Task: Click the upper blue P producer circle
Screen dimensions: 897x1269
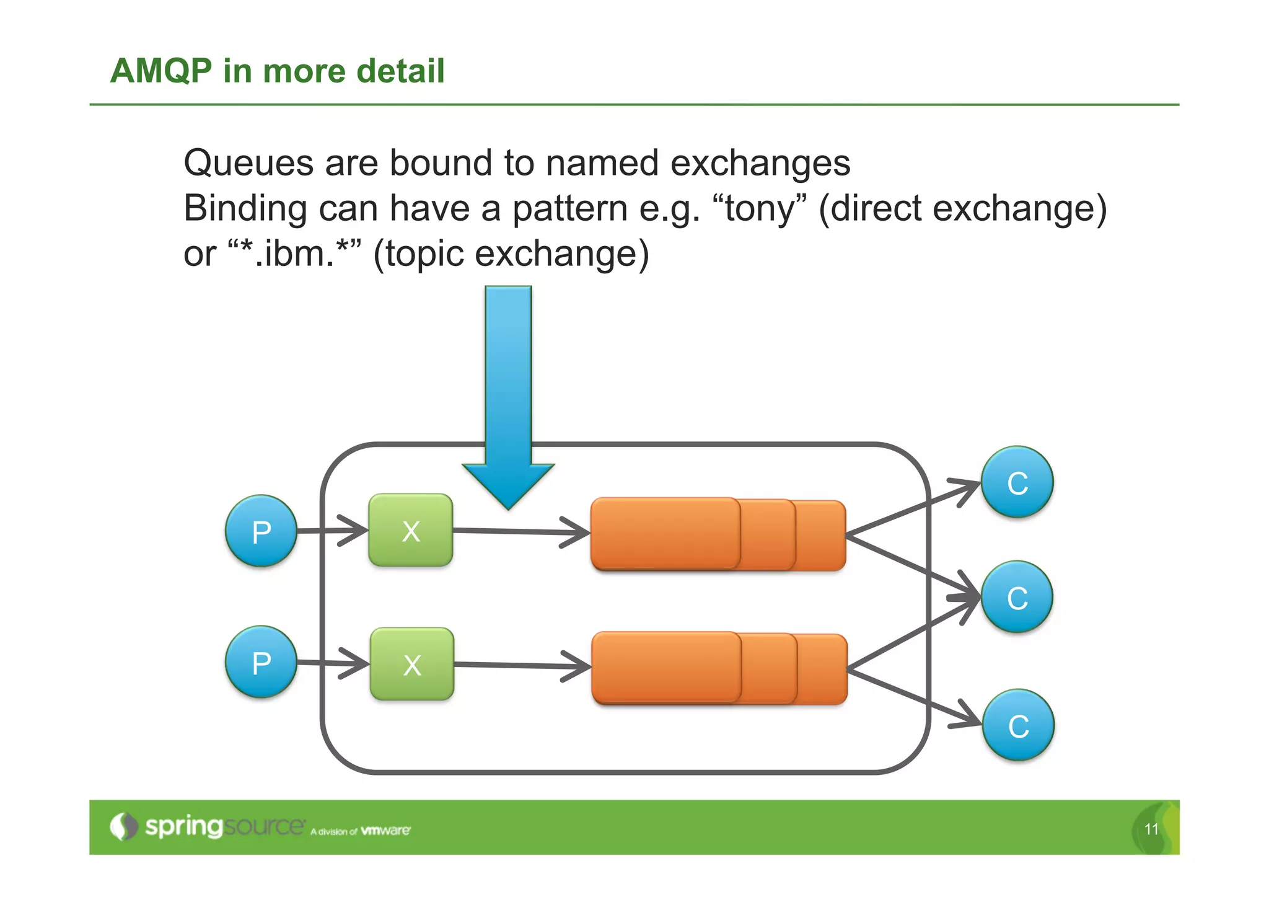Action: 261,531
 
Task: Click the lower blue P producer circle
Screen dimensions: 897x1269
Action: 261,661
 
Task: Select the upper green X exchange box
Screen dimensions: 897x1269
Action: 410,530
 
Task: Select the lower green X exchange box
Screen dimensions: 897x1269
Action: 411,664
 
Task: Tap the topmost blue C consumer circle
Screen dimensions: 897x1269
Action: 1017,482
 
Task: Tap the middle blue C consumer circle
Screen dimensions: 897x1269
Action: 1017,596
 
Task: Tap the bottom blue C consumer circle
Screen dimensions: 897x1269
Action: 1018,725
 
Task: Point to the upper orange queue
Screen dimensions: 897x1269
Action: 718,534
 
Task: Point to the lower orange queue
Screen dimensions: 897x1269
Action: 719,668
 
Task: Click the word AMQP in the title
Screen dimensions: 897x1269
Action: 161,70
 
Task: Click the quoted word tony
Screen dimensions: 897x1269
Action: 760,208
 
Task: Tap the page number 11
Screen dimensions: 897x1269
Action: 1151,829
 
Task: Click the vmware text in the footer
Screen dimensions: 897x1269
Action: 385,830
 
